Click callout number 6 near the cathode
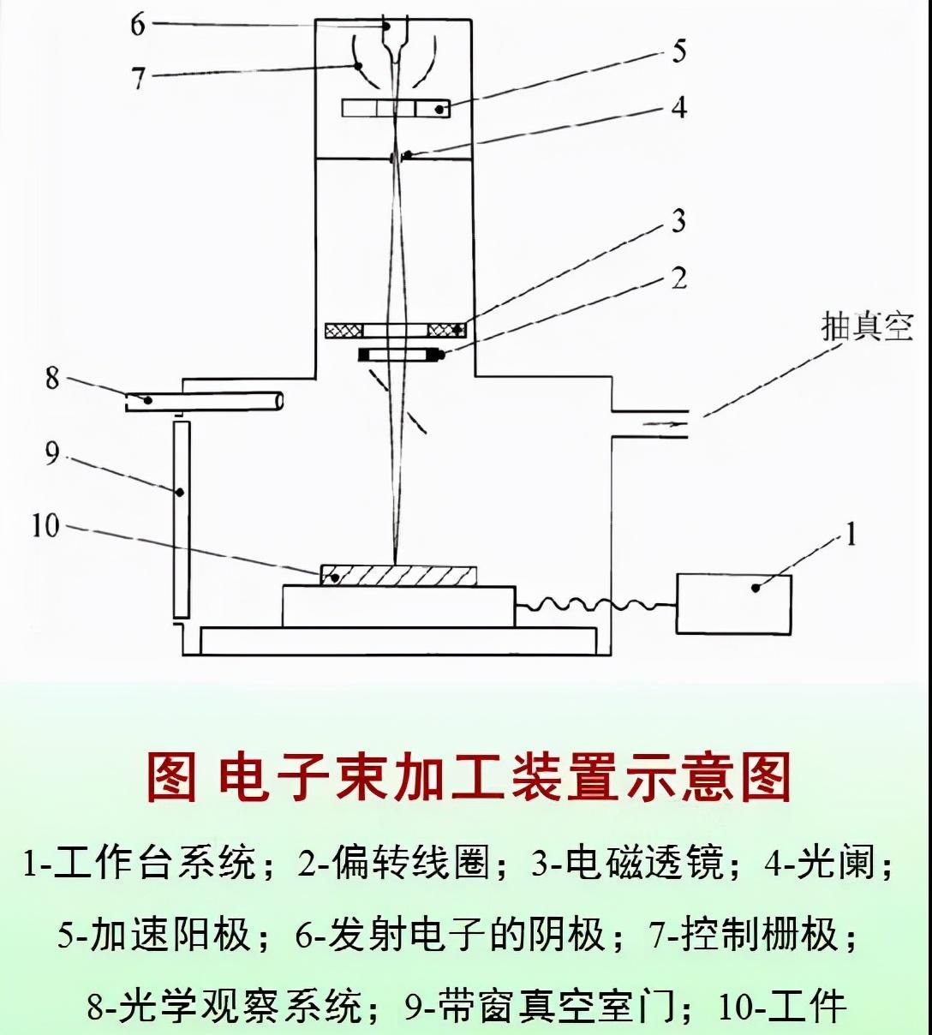pos(138,24)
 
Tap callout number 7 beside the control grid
pos(139,78)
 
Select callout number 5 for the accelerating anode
pos(678,51)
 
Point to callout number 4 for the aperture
pos(678,108)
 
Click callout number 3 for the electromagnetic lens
pos(678,221)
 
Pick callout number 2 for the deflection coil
pos(678,278)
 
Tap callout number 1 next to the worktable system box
pos(850,536)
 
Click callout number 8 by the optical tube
pos(53,378)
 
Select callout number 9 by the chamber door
pos(53,453)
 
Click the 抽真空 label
pos(867,327)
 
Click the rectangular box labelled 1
pos(733,604)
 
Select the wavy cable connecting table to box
pos(595,604)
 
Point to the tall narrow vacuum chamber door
pos(181,518)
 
